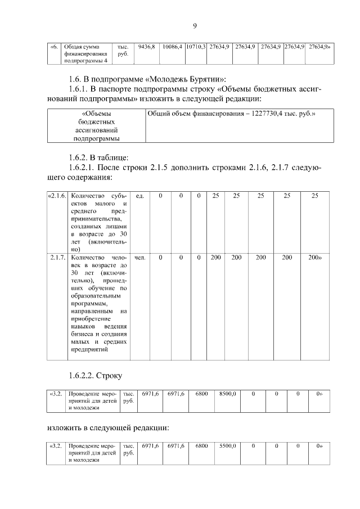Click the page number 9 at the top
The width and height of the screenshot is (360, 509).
[195, 26]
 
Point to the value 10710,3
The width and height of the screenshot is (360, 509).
[196, 46]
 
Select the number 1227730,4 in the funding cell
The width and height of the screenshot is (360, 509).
[266, 114]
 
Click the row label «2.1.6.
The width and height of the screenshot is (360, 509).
[57, 196]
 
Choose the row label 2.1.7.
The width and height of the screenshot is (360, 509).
[58, 258]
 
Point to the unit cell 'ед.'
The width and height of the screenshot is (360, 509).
[140, 196]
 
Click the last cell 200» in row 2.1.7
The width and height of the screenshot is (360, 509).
[314, 258]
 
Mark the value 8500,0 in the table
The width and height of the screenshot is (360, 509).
[227, 394]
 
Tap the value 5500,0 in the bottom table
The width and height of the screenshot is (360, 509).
[227, 445]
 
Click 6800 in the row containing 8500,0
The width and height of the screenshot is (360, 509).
[201, 394]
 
